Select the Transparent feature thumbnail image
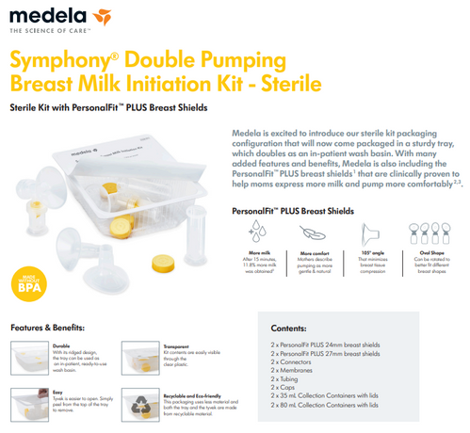click(x=133, y=359)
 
